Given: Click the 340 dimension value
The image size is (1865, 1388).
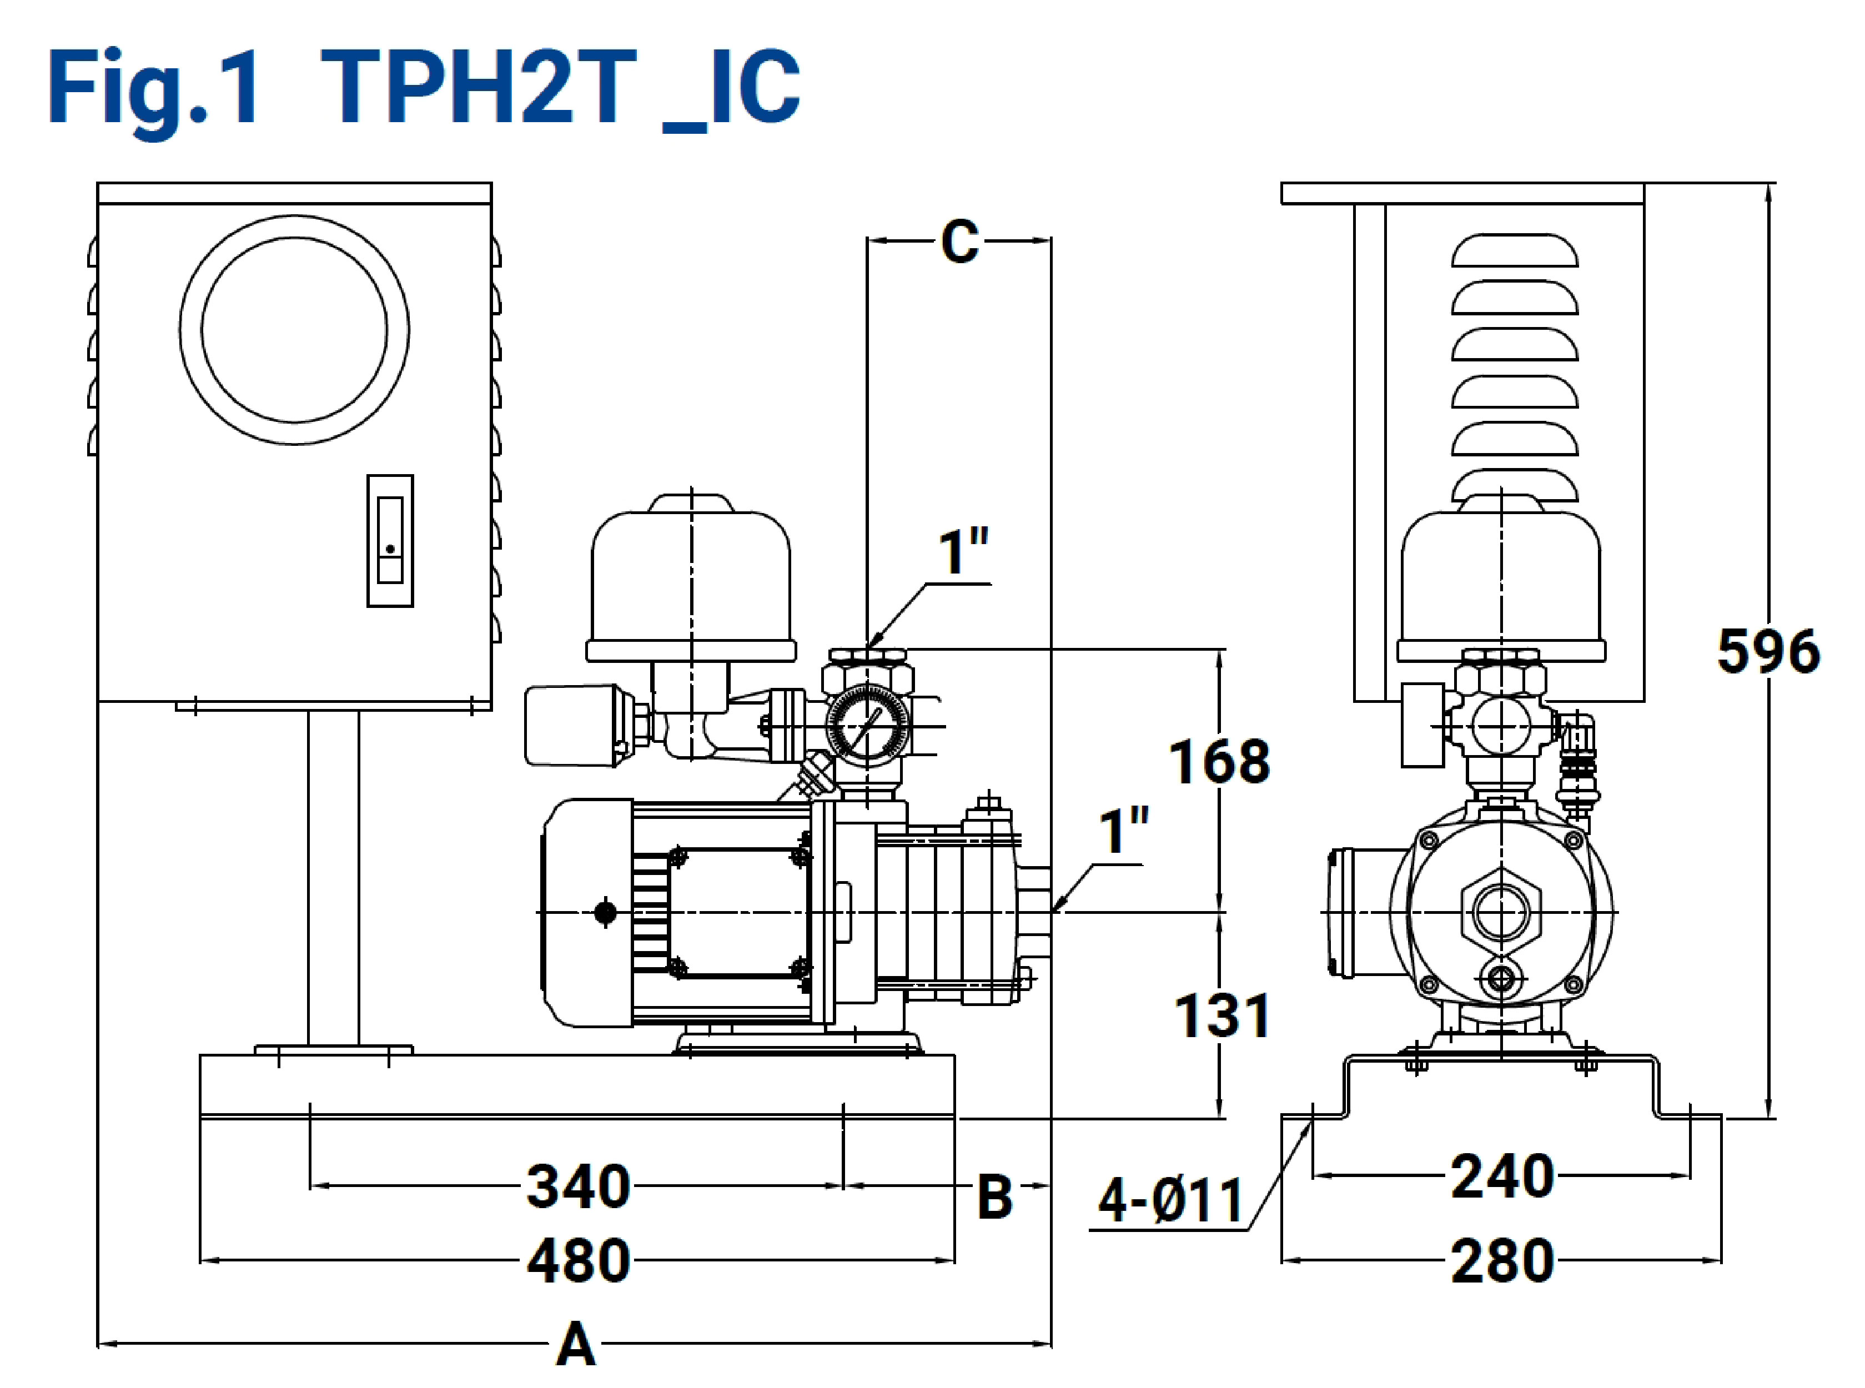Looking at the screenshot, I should (578, 1186).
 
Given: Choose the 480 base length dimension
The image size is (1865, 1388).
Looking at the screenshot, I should (578, 1261).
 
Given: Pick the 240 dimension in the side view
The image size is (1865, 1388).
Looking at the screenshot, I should (1502, 1176).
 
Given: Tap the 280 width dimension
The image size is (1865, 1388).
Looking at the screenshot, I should (1502, 1261).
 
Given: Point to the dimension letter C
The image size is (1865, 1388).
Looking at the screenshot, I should (959, 242).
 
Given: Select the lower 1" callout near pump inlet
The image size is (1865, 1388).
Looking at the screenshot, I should (1124, 832).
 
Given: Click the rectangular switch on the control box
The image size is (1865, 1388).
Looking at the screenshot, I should (390, 540).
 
